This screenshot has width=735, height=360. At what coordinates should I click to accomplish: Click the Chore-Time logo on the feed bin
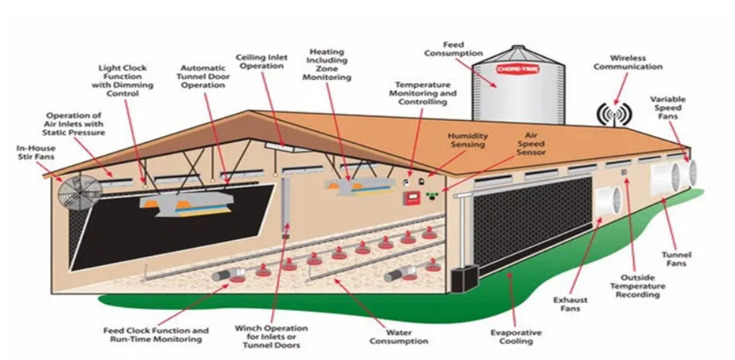pyautogui.click(x=518, y=70)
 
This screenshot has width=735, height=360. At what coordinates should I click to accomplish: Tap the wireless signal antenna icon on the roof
pyautogui.click(x=614, y=115)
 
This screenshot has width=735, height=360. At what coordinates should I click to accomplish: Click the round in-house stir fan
pyautogui.click(x=80, y=192)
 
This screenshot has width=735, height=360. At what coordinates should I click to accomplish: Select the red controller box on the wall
pyautogui.click(x=411, y=198)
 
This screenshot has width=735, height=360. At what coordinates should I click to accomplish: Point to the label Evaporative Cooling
pyautogui.click(x=516, y=337)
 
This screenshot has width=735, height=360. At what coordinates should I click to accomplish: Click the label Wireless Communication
pyautogui.click(x=628, y=62)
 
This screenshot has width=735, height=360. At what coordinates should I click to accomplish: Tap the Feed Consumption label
pyautogui.click(x=454, y=48)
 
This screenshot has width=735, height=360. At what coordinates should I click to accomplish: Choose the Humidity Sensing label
pyautogui.click(x=468, y=140)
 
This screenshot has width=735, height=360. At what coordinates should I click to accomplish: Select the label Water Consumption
pyautogui.click(x=399, y=337)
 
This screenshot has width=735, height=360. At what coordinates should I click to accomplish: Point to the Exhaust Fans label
pyautogui.click(x=570, y=304)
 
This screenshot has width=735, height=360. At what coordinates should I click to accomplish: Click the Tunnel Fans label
pyautogui.click(x=677, y=259)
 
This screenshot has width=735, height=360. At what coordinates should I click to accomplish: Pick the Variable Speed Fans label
pyautogui.click(x=667, y=108)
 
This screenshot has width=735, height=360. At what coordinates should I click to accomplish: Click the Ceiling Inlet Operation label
pyautogui.click(x=262, y=62)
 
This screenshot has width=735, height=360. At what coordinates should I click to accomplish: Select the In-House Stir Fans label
pyautogui.click(x=35, y=152)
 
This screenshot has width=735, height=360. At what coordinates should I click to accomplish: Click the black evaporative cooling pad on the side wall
pyautogui.click(x=533, y=225)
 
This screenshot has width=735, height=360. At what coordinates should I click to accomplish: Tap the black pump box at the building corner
pyautogui.click(x=465, y=278)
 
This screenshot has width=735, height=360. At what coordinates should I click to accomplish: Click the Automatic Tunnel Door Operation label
pyautogui.click(x=203, y=76)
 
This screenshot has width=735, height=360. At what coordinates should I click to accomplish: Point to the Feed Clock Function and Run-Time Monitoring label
pyautogui.click(x=155, y=335)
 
